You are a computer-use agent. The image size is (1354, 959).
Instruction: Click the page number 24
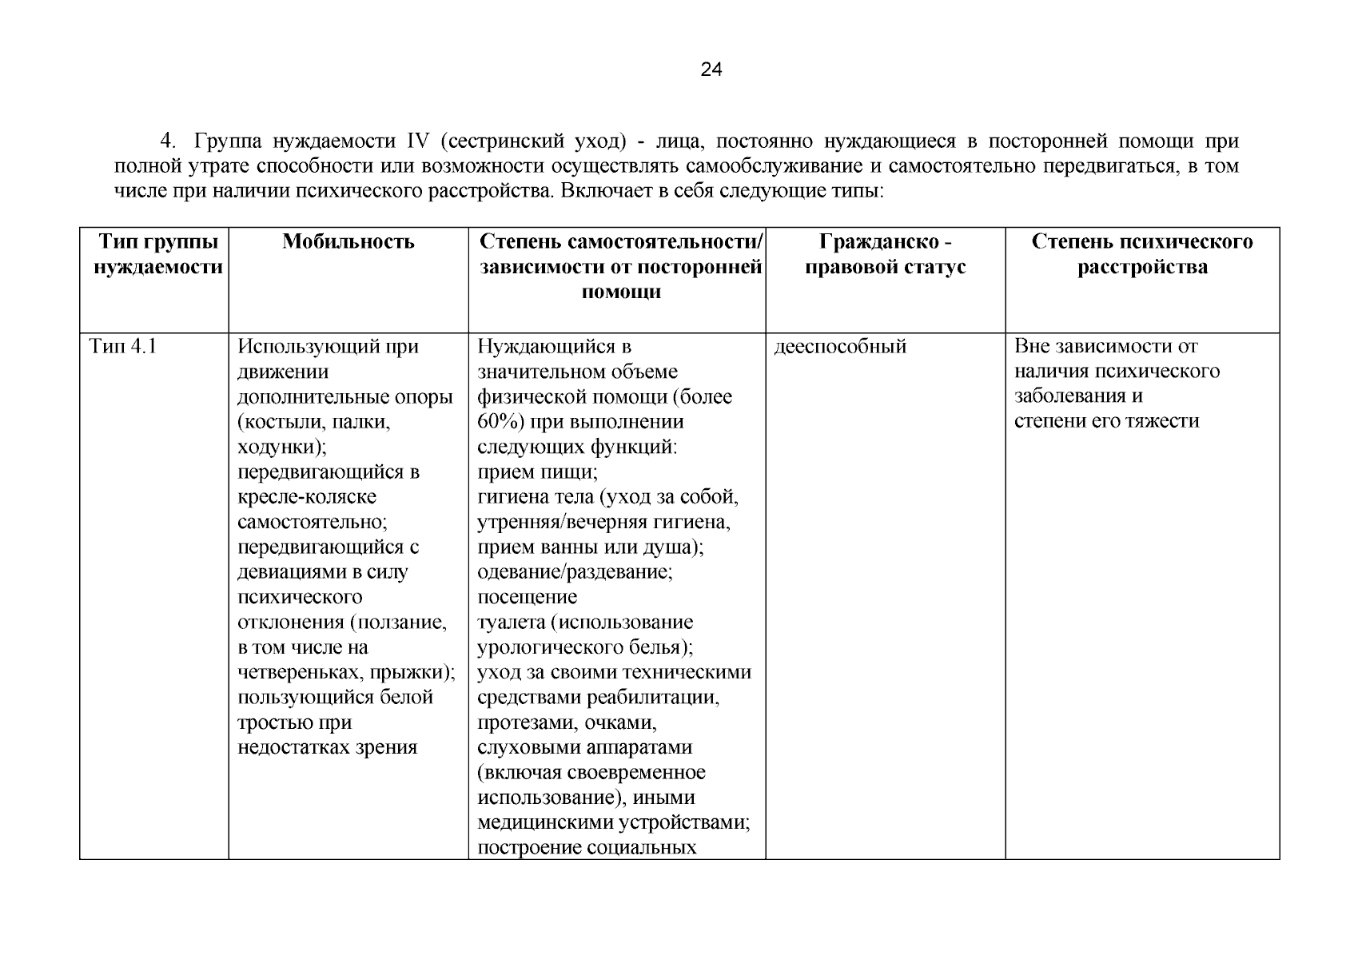coord(711,70)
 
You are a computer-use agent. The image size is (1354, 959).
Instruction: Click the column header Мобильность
coord(348,241)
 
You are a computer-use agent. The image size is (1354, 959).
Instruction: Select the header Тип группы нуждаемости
coord(157,254)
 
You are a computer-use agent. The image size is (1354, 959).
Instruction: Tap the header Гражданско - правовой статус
coord(885,254)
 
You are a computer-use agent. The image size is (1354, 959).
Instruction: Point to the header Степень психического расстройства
coord(1141,254)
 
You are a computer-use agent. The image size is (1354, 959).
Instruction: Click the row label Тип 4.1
coord(122,347)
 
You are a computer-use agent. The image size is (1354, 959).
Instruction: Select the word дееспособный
coord(840,347)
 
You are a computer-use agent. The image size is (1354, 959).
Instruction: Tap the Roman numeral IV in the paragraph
coord(418,142)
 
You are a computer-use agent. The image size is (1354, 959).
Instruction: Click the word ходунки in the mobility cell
coord(281,447)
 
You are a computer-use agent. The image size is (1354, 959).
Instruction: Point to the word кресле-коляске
coord(307,497)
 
